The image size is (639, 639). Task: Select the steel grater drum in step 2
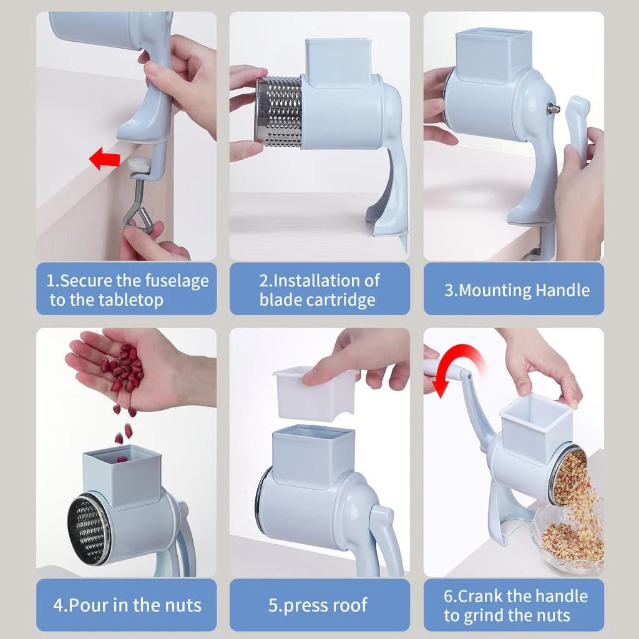[279, 112]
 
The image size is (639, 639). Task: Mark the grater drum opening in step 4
[89, 530]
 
